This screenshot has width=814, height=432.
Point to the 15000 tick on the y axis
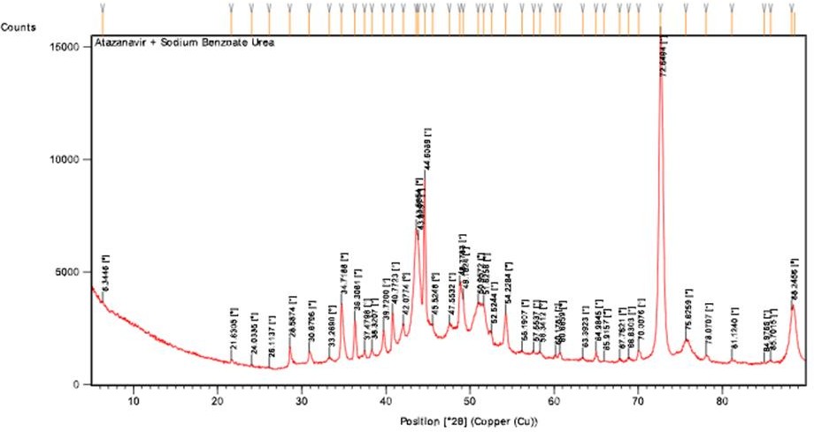tap(67, 44)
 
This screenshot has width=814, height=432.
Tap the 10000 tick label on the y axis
tap(67, 159)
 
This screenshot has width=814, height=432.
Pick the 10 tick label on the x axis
tap(134, 400)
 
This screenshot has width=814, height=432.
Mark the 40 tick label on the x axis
tap(385, 400)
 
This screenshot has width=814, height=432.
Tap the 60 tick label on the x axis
tap(554, 400)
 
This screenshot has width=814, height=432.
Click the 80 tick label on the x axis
tap(722, 400)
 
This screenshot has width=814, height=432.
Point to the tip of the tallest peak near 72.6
tap(660, 30)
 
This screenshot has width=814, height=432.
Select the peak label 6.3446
tap(106, 273)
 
